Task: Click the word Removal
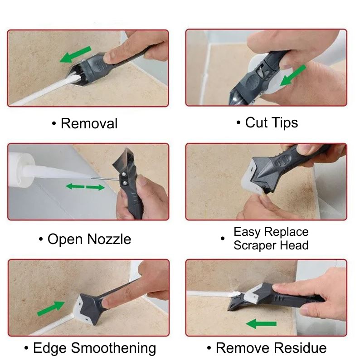coord(89,123)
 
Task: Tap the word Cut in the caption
coord(256,122)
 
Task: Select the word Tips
coord(285,123)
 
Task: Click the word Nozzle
coord(109,239)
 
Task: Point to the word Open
coord(65,239)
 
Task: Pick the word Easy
coord(247,232)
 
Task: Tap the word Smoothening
coord(113,348)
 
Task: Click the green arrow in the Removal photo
coord(76,54)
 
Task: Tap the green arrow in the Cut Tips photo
coord(293,76)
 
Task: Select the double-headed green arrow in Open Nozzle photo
coord(85,187)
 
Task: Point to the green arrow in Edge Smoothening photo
coord(51,308)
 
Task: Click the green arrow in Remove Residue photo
coord(261,324)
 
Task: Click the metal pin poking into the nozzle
coord(105,178)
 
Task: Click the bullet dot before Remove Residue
coord(209,348)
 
